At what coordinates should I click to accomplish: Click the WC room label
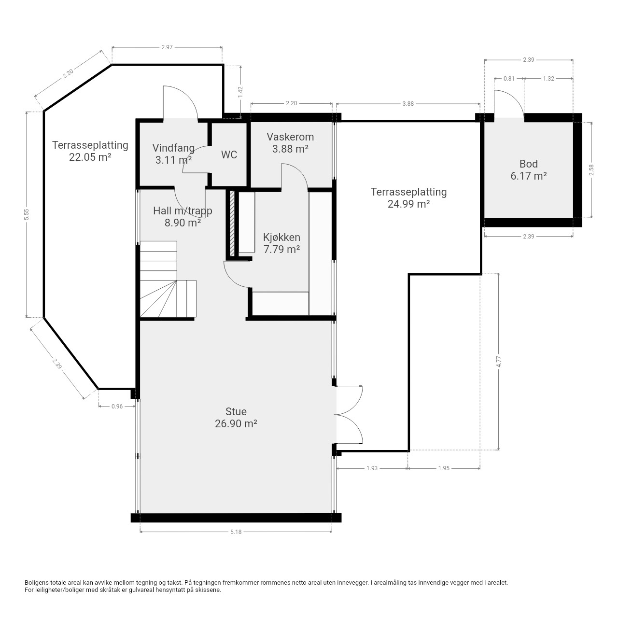[x=229, y=155]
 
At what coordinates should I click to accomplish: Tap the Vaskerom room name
[x=290, y=137]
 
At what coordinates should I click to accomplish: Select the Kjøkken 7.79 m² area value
[x=281, y=249]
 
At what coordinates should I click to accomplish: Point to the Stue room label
[x=236, y=411]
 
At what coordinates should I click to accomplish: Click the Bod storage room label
[x=529, y=164]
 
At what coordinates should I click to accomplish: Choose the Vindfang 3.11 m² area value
[x=173, y=160]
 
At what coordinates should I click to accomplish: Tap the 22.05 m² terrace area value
[x=90, y=157]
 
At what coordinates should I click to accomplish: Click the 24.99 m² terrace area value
[x=408, y=204]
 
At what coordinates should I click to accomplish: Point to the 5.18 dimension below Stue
[x=236, y=532]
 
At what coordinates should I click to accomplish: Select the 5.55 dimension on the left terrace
[x=27, y=214]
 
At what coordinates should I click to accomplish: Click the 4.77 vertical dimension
[x=498, y=362]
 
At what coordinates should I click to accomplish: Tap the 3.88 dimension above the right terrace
[x=408, y=104]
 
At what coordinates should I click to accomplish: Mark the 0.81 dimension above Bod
[x=509, y=79]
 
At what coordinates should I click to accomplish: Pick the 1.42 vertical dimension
[x=240, y=92]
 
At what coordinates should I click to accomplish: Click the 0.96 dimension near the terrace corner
[x=117, y=407]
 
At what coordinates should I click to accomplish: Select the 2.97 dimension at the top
[x=167, y=47]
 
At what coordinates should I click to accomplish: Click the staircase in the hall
[x=168, y=280]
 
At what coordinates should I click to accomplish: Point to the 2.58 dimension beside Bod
[x=591, y=170]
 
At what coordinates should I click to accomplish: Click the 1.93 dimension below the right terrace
[x=372, y=468]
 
